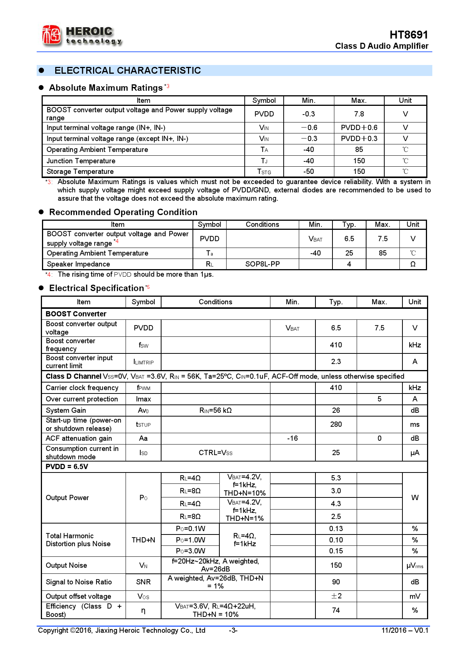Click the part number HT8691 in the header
click(x=408, y=35)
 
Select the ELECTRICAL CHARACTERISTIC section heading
click(x=127, y=71)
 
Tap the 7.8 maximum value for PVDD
click(x=359, y=114)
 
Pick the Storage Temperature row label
click(x=80, y=172)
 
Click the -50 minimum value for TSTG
click(x=308, y=172)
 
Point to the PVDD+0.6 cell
click(x=359, y=128)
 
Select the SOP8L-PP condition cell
click(x=262, y=264)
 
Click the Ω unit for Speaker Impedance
click(x=413, y=264)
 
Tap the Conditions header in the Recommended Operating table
click(x=262, y=225)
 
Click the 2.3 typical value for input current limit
click(x=336, y=362)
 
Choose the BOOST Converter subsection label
click(x=76, y=314)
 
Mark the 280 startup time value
click(x=336, y=424)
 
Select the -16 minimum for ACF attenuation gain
click(x=292, y=438)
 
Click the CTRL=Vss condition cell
click(x=215, y=453)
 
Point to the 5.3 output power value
click(x=336, y=478)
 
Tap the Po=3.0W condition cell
click(x=190, y=551)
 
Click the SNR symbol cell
click(x=143, y=582)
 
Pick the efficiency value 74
click(x=336, y=610)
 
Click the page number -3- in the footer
click(x=233, y=630)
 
